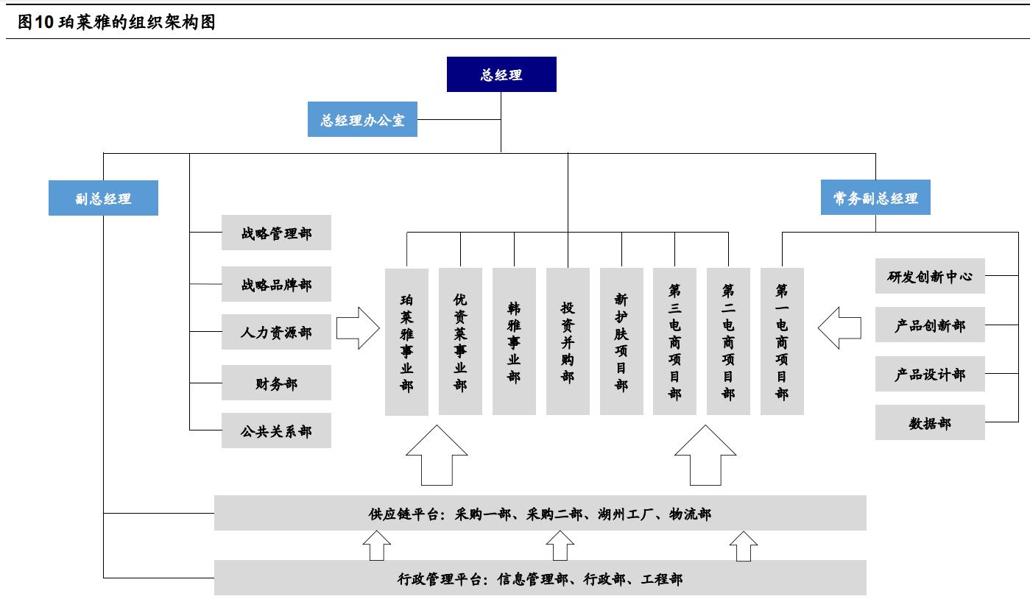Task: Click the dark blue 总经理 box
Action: coord(501,74)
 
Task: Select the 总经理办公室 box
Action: coord(362,119)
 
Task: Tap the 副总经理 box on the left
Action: coord(103,198)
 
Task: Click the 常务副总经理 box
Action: coord(875,198)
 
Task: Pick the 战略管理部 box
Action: coord(276,233)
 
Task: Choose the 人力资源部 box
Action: coord(276,332)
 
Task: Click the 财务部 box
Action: coord(276,383)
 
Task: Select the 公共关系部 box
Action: coord(276,431)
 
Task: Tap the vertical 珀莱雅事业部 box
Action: coord(407,341)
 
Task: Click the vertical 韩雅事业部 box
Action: coord(514,341)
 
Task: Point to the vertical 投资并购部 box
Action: coord(568,341)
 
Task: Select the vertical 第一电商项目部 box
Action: coord(782,341)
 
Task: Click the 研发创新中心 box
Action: coord(930,276)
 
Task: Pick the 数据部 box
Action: coord(930,423)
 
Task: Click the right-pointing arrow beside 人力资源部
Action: coord(358,328)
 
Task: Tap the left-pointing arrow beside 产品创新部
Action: coord(839,328)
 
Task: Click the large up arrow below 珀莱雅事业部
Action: coord(437,458)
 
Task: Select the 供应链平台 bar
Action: coord(540,513)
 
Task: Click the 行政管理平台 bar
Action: coord(540,578)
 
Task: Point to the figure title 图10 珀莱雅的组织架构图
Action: coord(116,22)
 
